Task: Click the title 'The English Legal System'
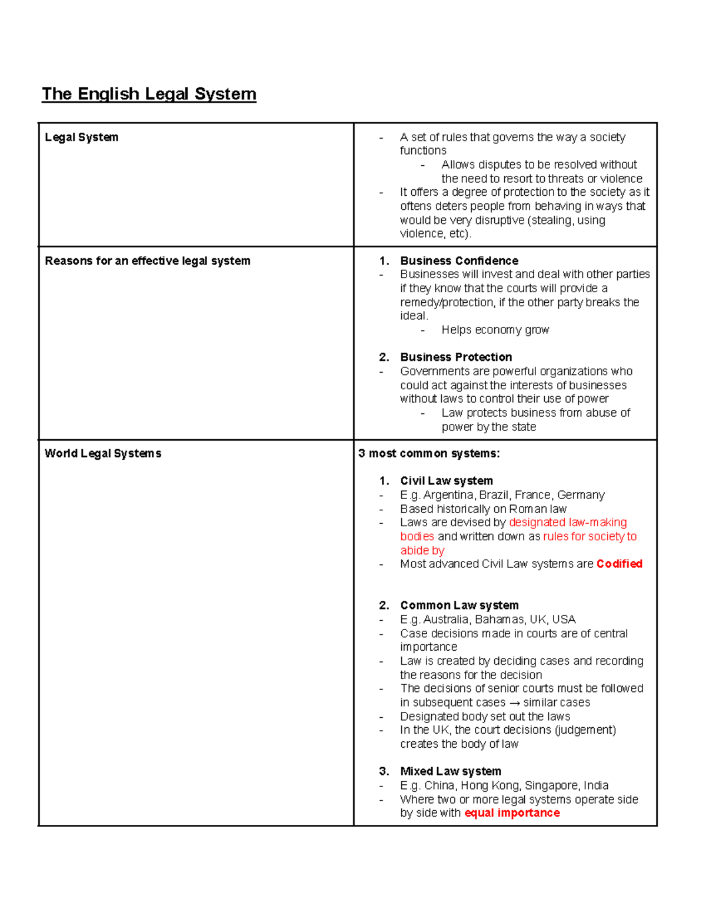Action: click(x=149, y=94)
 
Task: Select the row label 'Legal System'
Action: click(x=82, y=137)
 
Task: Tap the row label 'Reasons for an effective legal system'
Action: click(x=148, y=261)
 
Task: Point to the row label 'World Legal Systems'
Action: click(x=103, y=453)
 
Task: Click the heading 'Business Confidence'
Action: click(x=459, y=261)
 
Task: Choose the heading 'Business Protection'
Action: click(x=456, y=357)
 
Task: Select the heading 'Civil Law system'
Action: click(x=447, y=481)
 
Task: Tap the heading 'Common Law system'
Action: click(x=459, y=606)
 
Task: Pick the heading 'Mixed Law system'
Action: click(x=451, y=771)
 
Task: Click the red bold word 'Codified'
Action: click(x=619, y=564)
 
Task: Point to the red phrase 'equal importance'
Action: click(x=512, y=813)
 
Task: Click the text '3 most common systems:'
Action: click(x=429, y=453)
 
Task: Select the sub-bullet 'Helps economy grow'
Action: click(x=495, y=330)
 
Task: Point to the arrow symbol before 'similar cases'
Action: click(x=514, y=703)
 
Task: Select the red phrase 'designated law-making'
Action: click(x=568, y=523)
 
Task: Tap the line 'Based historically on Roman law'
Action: click(x=483, y=509)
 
